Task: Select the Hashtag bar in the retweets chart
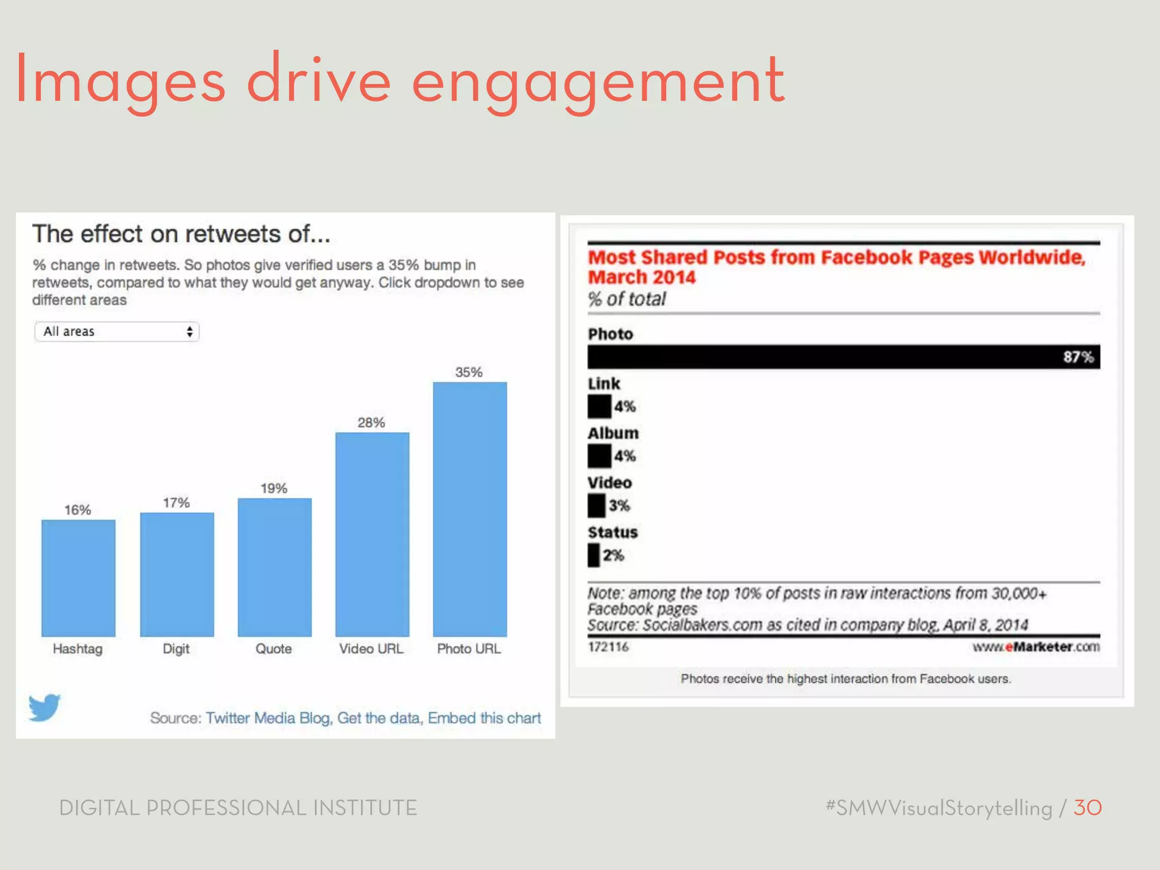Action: tap(78, 578)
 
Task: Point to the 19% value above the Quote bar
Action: tap(274, 488)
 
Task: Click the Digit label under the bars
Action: tap(176, 649)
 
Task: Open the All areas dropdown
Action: tap(117, 331)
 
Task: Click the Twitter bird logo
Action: tap(44, 707)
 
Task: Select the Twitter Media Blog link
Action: tap(267, 718)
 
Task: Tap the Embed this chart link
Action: tap(484, 718)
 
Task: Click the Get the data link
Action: tap(378, 718)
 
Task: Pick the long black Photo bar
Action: tap(821, 357)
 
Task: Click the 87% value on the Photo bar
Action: tap(1078, 357)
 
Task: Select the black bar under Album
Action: tap(599, 456)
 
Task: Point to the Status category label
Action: tap(613, 532)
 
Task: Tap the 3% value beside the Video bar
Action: tap(619, 505)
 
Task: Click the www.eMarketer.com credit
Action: tap(1036, 647)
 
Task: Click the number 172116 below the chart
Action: tap(608, 647)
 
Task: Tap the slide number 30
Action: tap(1087, 808)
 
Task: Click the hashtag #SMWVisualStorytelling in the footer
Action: tap(939, 808)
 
